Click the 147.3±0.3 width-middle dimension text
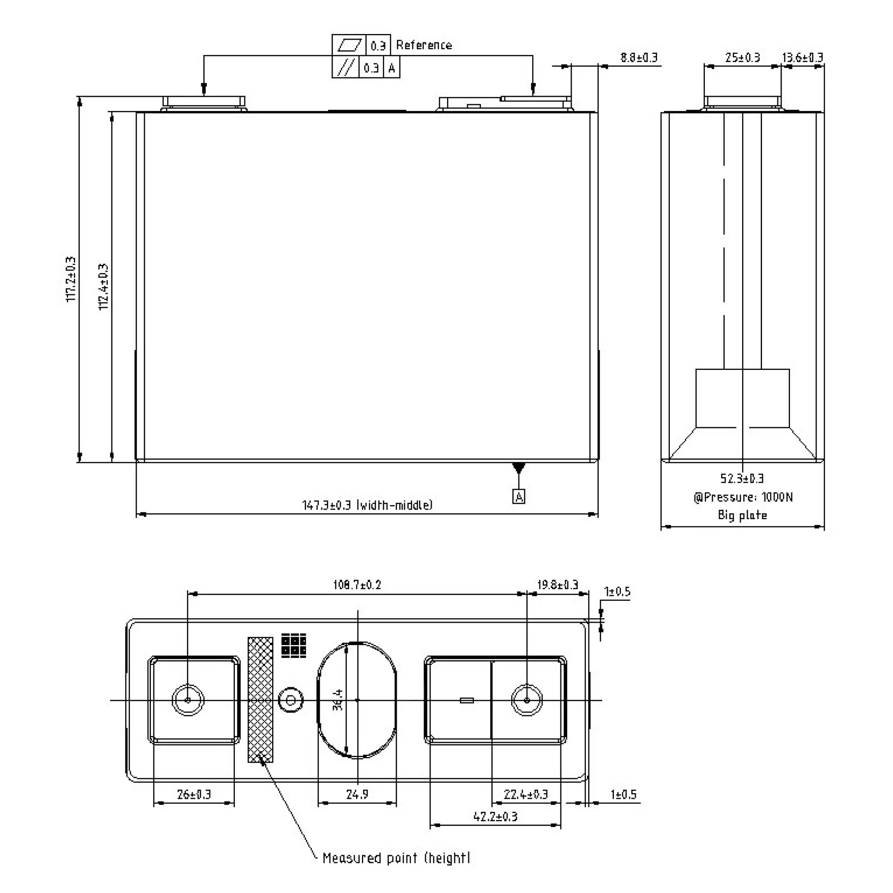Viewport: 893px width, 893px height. coord(367,505)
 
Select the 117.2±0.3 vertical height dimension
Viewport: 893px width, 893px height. coord(71,280)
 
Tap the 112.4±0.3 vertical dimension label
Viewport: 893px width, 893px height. coord(103,287)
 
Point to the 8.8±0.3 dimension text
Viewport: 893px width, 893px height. coord(639,57)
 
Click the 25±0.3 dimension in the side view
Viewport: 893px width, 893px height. coord(742,57)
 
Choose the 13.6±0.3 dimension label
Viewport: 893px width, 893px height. coord(802,57)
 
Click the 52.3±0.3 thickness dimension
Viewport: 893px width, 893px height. coord(742,478)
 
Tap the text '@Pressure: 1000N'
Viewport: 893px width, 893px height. coord(743,497)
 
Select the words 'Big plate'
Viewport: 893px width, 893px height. coord(742,515)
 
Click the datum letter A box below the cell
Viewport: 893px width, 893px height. coord(519,497)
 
